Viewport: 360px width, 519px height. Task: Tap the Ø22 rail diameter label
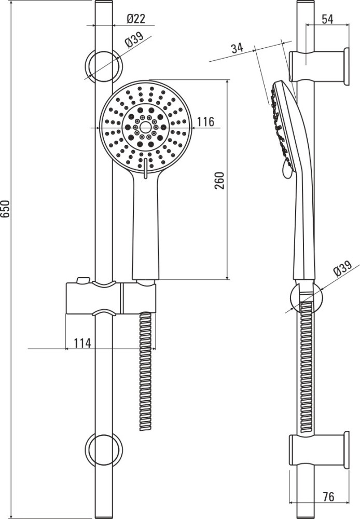point(136,19)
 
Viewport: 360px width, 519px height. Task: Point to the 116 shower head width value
point(206,122)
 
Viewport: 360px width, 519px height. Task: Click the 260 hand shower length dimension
point(219,181)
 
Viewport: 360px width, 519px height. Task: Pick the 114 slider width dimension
point(82,343)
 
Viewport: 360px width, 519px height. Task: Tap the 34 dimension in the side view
point(237,48)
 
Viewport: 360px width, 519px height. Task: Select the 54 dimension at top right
point(327,19)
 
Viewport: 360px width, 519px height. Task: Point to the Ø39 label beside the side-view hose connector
point(343,268)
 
